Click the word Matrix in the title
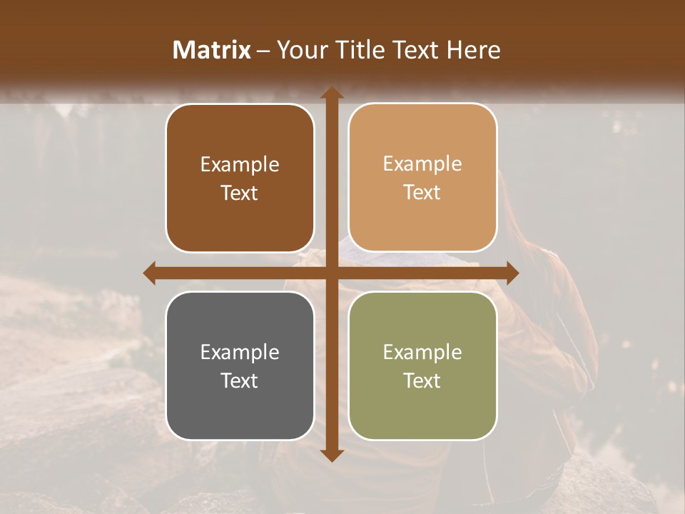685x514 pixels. coord(212,50)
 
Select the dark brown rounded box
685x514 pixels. coord(240,178)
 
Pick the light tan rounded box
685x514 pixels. coord(422,178)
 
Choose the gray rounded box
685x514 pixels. coord(240,366)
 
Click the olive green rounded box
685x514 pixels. coord(422,366)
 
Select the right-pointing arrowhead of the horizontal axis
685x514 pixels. coord(512,273)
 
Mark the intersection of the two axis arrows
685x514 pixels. coord(331,273)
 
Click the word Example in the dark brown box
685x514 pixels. coord(240,165)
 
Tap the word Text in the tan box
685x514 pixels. coord(422,193)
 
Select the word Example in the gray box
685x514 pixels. coord(240,353)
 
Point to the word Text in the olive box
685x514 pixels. coord(422,381)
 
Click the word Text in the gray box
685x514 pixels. coord(240,381)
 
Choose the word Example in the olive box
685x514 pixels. coord(422,353)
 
